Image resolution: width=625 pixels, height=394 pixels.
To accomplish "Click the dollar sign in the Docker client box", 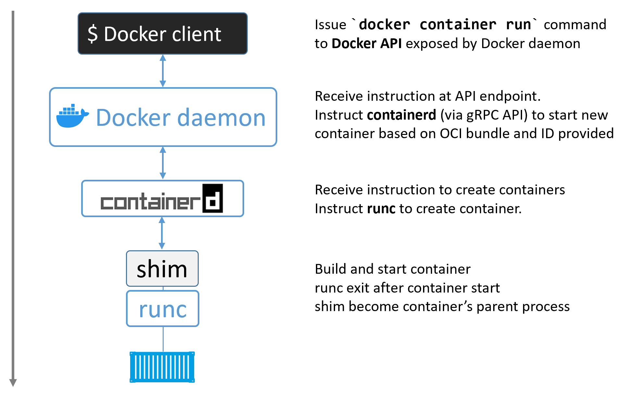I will [93, 34].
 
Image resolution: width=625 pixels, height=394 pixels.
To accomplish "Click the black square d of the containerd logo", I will [213, 198].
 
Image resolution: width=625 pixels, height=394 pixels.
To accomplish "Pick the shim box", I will [162, 269].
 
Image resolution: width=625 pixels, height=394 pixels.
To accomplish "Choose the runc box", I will [162, 309].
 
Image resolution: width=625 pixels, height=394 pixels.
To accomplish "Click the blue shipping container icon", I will [162, 367].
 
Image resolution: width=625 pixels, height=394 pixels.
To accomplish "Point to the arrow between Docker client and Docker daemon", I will [163, 71].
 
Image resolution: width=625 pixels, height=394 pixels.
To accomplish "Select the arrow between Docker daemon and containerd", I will [163, 163].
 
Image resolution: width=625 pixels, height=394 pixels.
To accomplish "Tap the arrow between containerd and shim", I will [162, 233].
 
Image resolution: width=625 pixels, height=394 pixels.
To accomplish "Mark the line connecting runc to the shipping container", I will [163, 339].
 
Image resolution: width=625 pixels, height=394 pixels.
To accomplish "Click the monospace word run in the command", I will [518, 25].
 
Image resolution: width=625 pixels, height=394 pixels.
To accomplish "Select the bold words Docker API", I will [367, 44].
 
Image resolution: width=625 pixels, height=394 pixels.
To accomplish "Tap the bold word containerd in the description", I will [401, 115].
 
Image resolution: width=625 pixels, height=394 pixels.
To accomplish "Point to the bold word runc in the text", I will [381, 209].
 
